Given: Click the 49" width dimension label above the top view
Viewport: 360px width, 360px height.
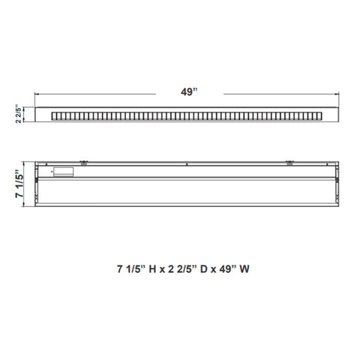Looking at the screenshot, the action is point(189,92).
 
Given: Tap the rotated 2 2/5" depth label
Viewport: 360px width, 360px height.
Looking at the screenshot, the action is point(19,114).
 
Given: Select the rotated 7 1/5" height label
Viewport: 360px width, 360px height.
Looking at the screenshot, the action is point(19,184).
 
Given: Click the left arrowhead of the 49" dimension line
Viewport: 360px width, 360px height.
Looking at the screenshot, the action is point(37,94).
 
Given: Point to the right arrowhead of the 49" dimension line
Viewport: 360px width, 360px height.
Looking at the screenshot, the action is point(337,94).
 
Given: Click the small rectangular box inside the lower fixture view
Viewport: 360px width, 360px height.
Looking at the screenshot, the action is point(64,172).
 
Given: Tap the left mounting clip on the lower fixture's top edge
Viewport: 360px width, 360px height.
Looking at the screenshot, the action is point(84,163).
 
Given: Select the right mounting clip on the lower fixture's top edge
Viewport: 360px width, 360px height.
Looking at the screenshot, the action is point(289,163).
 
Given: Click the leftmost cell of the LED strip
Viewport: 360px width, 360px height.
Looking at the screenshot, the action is point(53,116).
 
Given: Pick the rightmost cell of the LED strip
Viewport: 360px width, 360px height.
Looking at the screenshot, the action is point(319,116).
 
